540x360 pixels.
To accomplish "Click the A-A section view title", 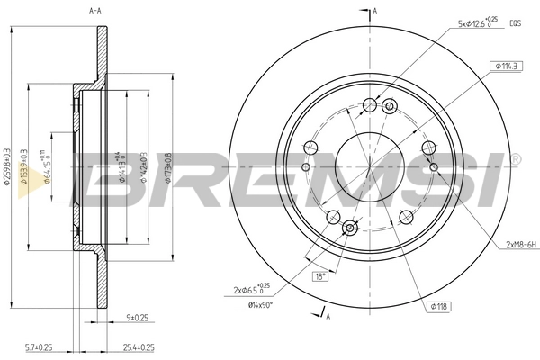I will point(94,11).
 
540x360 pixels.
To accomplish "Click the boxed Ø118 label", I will point(438,308).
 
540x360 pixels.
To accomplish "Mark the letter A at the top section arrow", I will point(375,10).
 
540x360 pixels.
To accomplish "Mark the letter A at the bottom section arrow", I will point(328,316).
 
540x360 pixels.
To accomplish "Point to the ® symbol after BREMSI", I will point(515,158).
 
